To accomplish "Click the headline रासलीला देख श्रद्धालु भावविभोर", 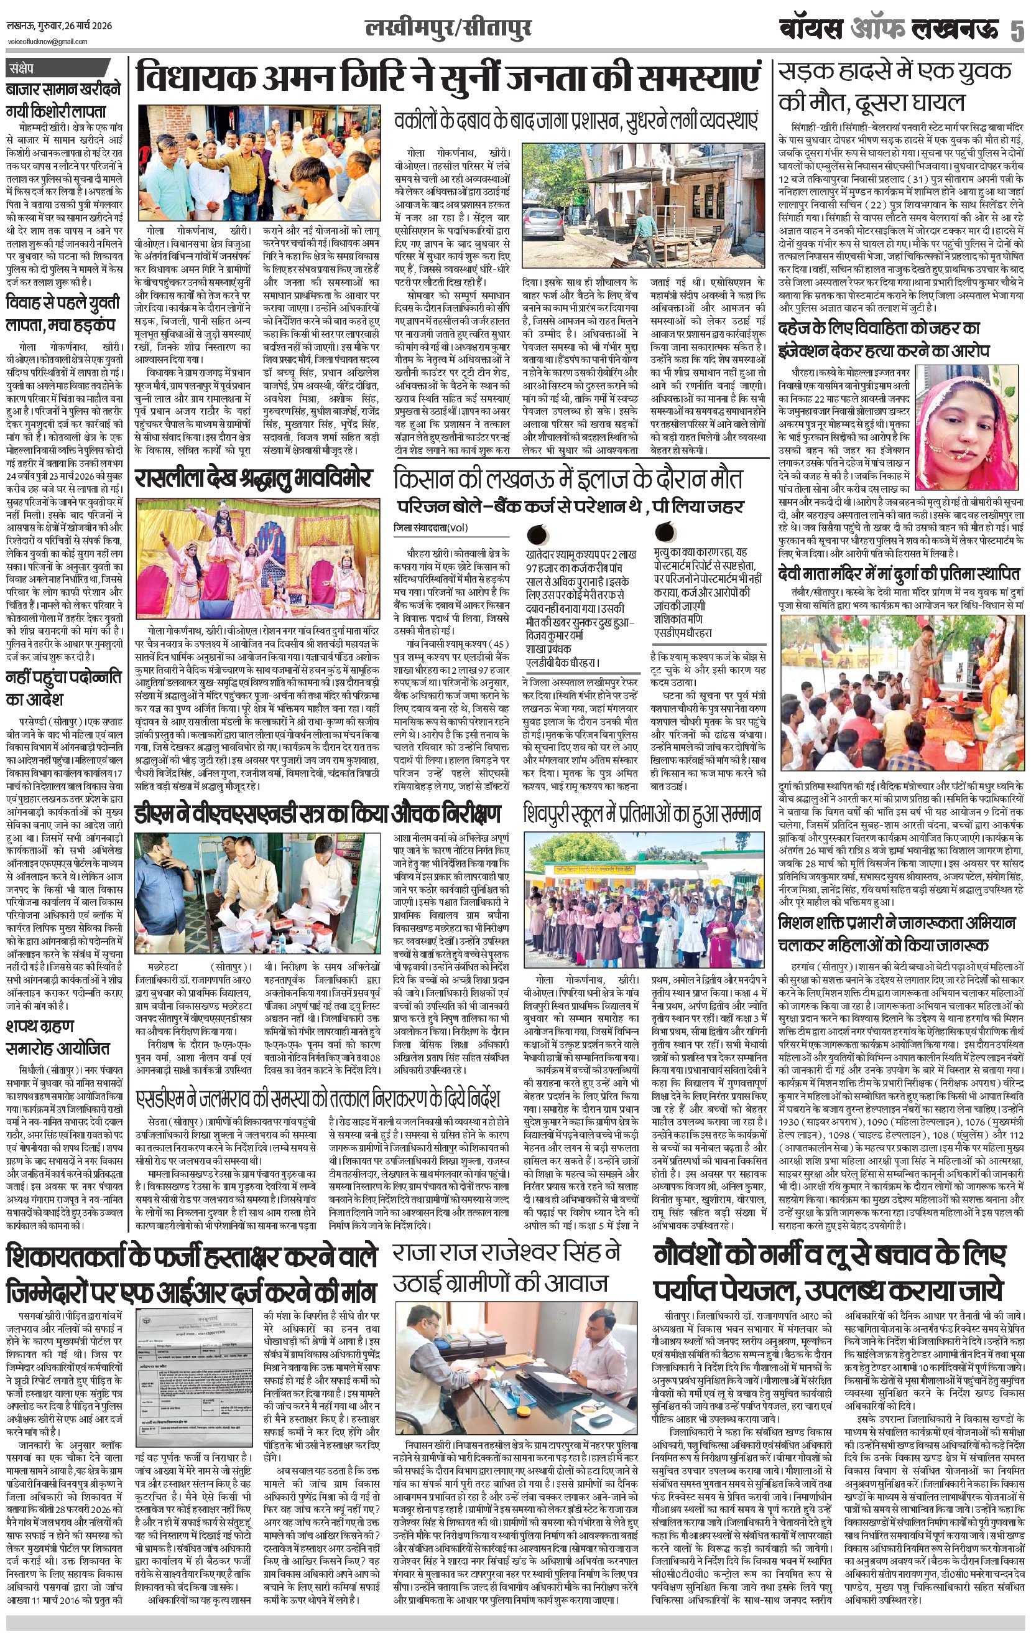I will [253, 477].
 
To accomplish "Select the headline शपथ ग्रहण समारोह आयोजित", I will [58, 1037].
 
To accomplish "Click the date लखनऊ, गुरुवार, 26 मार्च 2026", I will [59, 26].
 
